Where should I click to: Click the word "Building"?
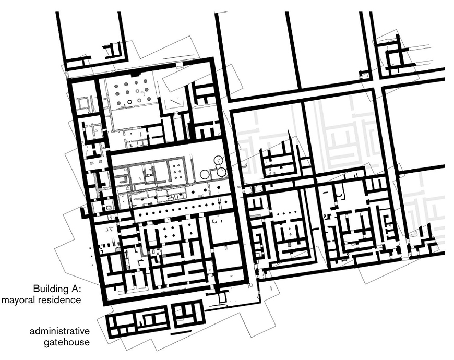point(49,289)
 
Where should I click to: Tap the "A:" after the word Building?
point(74,289)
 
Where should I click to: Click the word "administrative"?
point(59,331)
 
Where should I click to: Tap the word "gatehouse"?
point(67,342)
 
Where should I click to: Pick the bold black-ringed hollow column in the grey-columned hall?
point(129,102)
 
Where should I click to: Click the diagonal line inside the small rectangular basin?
point(176,102)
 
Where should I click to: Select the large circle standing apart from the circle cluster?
point(205,174)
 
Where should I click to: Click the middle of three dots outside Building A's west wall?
point(91,256)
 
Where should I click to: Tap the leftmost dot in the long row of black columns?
point(140,213)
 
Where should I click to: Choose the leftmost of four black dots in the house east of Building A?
point(278,214)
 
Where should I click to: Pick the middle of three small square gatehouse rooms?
point(123,330)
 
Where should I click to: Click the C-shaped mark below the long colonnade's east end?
point(215,221)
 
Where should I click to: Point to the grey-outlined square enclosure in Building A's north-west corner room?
point(83,103)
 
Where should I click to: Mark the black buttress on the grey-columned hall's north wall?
point(135,75)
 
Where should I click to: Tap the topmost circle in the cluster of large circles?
point(218,160)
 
